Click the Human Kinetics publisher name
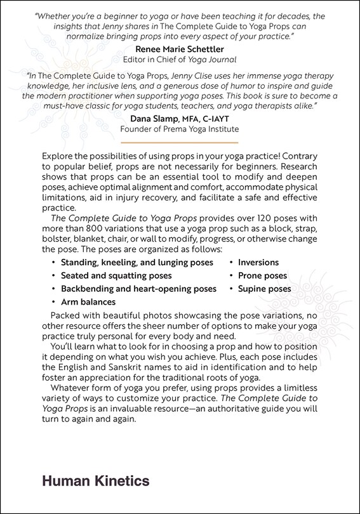95,481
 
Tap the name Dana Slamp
157,118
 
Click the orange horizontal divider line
179,143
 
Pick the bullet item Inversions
258,263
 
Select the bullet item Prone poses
262,276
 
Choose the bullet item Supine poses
265,289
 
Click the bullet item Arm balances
88,302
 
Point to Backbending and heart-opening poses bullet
138,289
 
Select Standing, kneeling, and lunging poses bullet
137,263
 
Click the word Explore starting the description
57,156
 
